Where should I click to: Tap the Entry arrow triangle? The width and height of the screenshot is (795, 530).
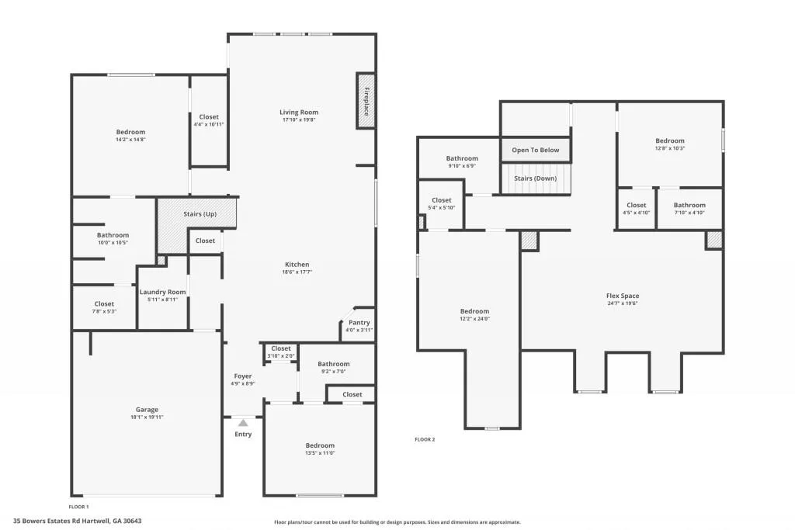[243, 423]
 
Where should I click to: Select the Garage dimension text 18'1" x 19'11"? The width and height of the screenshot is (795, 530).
[148, 417]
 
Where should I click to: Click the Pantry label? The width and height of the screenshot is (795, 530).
[359, 322]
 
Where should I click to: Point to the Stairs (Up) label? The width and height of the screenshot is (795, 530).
[200, 214]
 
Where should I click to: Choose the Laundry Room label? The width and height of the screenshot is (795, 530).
[163, 292]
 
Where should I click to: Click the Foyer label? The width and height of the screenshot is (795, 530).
[243, 376]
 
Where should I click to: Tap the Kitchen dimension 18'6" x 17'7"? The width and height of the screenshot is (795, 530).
[297, 272]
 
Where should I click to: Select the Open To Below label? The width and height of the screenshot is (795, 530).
[536, 150]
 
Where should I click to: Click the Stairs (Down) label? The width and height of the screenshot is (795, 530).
[535, 178]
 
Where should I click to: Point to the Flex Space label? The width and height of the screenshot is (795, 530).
[623, 296]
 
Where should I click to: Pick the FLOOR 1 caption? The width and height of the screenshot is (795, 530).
[79, 507]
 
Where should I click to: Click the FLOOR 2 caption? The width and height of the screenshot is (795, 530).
[425, 439]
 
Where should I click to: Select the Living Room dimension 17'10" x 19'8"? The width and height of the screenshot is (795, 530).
[299, 120]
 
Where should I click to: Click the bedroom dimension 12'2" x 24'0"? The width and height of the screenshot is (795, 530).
[474, 319]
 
